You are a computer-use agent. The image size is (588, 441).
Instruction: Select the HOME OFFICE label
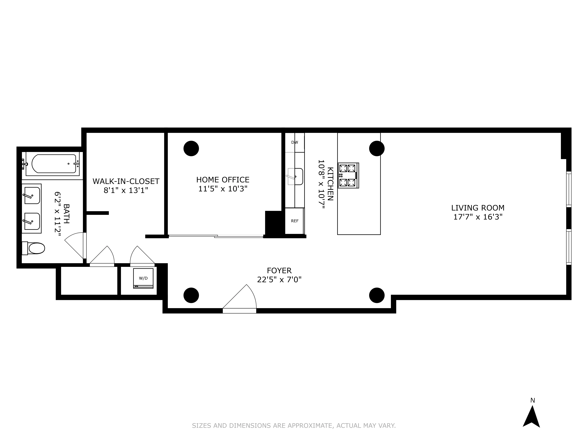[x=223, y=180]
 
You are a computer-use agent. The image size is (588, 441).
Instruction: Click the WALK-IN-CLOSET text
[x=126, y=181]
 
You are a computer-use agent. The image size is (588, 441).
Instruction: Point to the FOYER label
[x=279, y=271]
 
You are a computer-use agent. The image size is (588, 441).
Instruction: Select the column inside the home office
[x=191, y=148]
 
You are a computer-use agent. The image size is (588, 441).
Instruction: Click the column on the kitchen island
[x=377, y=148]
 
